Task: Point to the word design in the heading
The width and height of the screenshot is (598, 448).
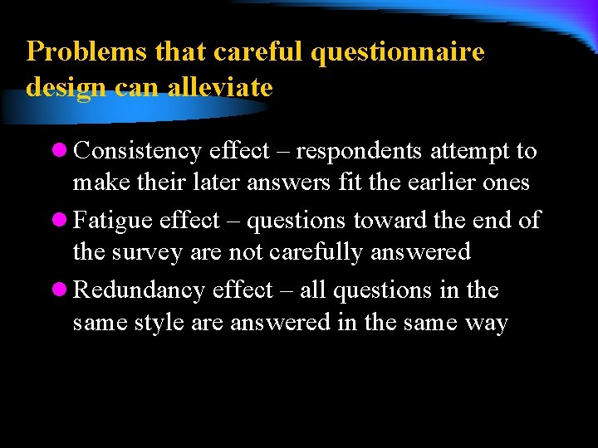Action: click(61, 88)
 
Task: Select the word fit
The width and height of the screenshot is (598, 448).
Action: click(350, 182)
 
